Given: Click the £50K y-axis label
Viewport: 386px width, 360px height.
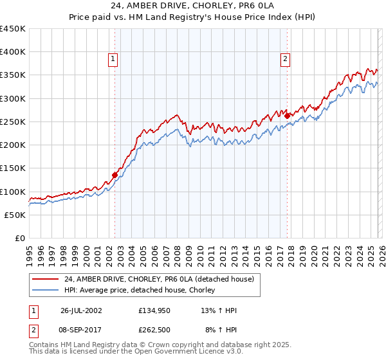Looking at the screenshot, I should tap(15, 215).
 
